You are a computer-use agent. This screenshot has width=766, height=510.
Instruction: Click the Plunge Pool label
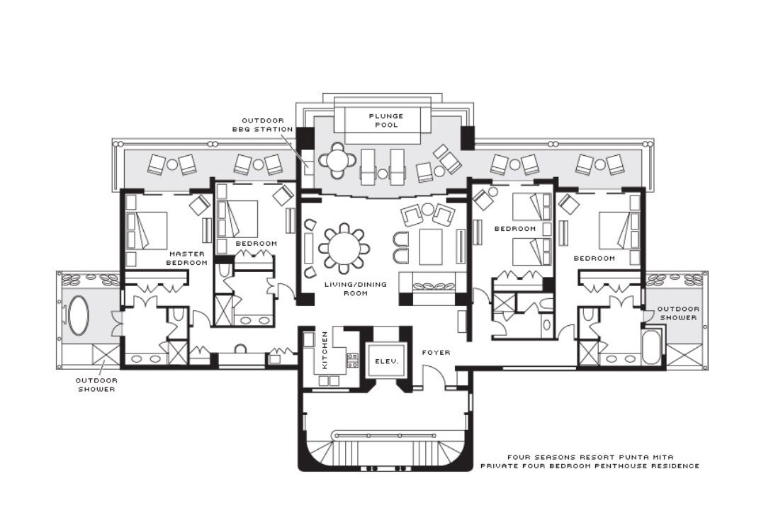click(x=386, y=120)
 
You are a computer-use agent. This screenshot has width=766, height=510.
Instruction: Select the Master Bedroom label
click(x=186, y=259)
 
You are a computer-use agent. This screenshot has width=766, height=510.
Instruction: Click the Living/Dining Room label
click(x=356, y=289)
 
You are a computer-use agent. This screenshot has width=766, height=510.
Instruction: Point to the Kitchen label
click(x=325, y=350)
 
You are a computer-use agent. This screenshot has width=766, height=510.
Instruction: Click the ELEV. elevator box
click(x=386, y=361)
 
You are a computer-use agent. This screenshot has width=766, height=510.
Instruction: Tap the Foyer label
click(x=436, y=352)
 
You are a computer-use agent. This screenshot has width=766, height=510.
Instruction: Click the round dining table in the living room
click(x=344, y=249)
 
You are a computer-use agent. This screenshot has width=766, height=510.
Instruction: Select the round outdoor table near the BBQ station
click(x=337, y=159)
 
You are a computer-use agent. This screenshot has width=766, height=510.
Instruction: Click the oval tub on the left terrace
click(x=78, y=315)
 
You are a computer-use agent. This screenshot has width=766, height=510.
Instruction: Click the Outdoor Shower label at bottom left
click(x=96, y=385)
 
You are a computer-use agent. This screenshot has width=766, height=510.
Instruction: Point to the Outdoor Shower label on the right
click(x=678, y=313)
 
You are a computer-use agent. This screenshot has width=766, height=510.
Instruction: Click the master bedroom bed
click(x=146, y=231)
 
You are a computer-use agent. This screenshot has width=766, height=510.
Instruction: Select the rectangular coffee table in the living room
click(x=430, y=246)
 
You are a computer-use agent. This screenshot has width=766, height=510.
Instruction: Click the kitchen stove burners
click(x=351, y=361)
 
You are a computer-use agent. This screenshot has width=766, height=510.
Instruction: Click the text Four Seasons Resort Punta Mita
click(x=590, y=458)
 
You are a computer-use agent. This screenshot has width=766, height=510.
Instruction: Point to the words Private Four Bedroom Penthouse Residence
click(x=590, y=466)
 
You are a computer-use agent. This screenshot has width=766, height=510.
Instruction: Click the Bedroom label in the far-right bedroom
click(x=594, y=258)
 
